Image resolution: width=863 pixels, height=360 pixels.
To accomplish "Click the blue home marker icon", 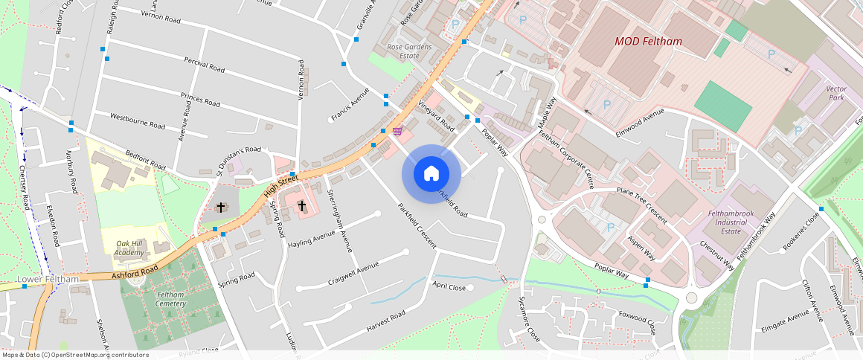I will click(x=431, y=174).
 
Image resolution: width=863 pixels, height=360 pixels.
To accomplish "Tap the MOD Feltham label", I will click(x=648, y=42).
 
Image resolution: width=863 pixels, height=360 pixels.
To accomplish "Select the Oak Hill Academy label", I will click(x=129, y=248).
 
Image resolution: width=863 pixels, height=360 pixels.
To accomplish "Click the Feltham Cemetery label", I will click(x=170, y=299).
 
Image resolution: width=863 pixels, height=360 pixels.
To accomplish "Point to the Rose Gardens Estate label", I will click(x=409, y=51).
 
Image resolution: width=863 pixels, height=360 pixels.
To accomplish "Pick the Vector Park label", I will click(x=836, y=93).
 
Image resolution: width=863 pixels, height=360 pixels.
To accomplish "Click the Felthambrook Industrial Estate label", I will click(x=731, y=222).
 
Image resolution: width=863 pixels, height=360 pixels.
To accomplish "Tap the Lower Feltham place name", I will click(x=48, y=280).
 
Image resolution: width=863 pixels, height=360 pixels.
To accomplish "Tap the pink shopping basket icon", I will click(x=399, y=132).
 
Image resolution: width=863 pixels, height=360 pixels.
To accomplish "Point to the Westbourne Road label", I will click(x=137, y=121).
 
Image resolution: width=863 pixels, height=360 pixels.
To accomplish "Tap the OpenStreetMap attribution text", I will click(x=74, y=355).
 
